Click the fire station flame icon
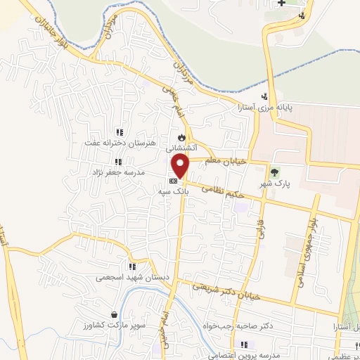[x=181, y=137]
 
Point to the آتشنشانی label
[x=181, y=148]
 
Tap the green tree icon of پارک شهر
[x=275, y=171]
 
